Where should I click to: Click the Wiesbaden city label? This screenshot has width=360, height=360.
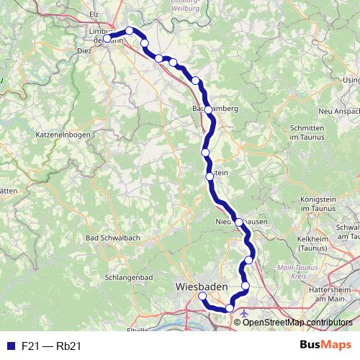pyautogui.click(x=202, y=287)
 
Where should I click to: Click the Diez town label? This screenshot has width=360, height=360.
pyautogui.click(x=84, y=52)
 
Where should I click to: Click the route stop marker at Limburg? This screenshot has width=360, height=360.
pyautogui.click(x=107, y=39)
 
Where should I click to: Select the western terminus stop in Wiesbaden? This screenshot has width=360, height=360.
pyautogui.click(x=202, y=296)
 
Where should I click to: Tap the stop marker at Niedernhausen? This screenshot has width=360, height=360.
pyautogui.click(x=238, y=222)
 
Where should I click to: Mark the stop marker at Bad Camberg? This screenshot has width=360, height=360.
pyautogui.click(x=209, y=109)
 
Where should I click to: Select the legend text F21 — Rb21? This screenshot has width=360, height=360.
pyautogui.click(x=50, y=346)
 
